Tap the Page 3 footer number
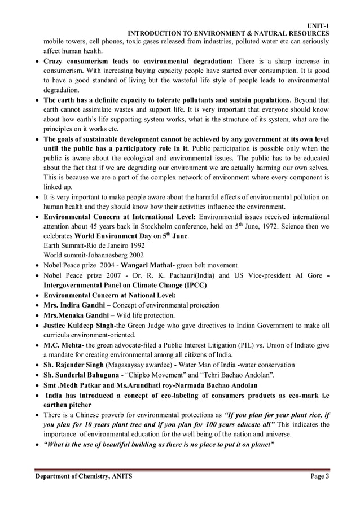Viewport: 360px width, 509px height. coord(320,477)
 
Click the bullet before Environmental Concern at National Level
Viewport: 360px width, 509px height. coord(37,295)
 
